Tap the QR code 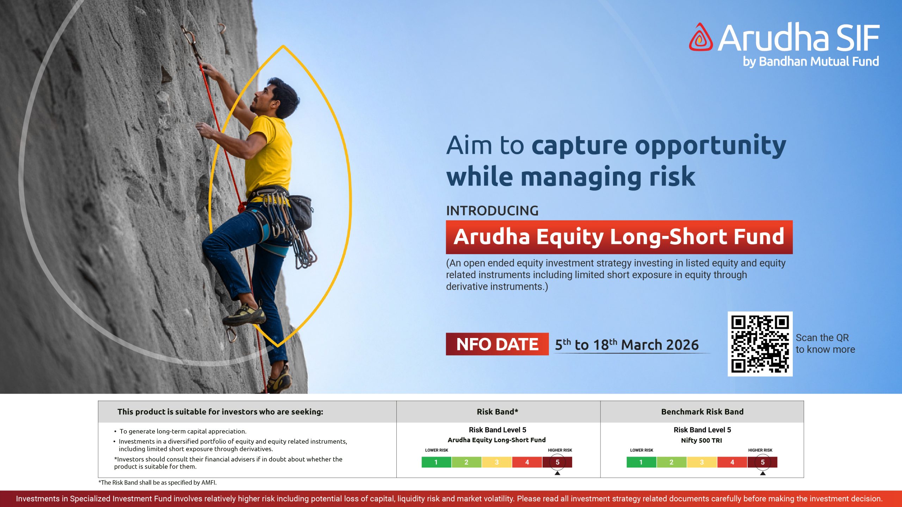point(760,344)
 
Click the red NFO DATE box point(497,344)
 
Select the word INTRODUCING point(492,211)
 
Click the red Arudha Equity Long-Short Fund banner point(619,237)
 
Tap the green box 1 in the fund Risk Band point(436,462)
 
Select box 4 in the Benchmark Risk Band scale point(732,462)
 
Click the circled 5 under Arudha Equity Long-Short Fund point(557,462)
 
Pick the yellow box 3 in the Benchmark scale point(702,462)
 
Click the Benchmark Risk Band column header point(702,412)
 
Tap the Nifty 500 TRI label point(701,440)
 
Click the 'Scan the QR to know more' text point(825,344)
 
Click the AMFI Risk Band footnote point(157,483)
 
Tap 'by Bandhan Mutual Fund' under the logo point(811,62)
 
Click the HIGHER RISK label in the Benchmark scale point(760,450)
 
